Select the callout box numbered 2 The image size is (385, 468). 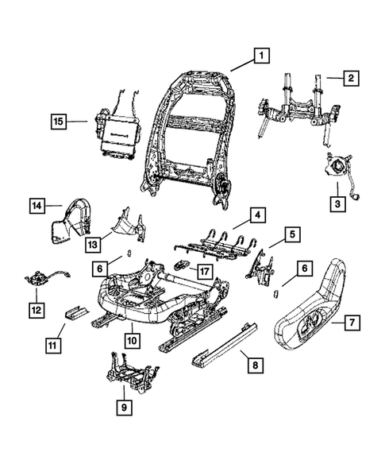348,78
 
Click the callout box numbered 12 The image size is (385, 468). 36,307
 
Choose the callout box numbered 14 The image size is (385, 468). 37,206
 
